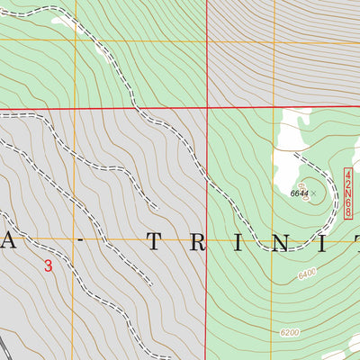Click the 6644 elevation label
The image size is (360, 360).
pyautogui.click(x=299, y=193)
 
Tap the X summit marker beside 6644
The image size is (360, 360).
pyautogui.click(x=313, y=193)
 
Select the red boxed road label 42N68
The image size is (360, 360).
pyautogui.click(x=346, y=192)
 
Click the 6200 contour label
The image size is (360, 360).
pyautogui.click(x=289, y=332)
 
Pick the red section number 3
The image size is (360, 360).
pyautogui.click(x=48, y=265)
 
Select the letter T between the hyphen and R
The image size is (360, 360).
pyautogui.click(x=156, y=241)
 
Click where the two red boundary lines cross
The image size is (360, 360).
pyautogui.click(x=208, y=108)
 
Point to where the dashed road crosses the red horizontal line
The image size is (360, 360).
pyautogui.click(x=136, y=109)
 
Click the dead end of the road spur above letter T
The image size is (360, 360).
pyautogui.click(x=157, y=208)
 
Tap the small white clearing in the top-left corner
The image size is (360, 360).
pyautogui.click(x=61, y=19)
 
